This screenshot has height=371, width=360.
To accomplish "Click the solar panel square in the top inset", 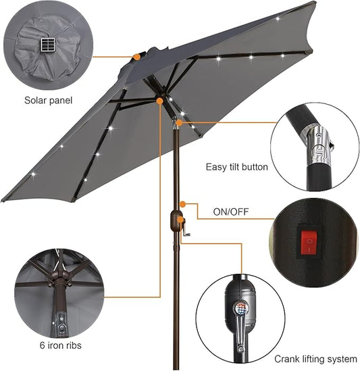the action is (48, 45).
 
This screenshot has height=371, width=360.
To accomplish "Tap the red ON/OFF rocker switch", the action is (309, 243).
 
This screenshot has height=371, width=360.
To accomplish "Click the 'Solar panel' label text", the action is (48, 101).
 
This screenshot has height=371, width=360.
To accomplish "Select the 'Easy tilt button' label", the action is (237, 167).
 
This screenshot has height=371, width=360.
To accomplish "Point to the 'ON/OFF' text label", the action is (231, 212).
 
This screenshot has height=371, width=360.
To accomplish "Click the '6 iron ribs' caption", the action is (61, 345).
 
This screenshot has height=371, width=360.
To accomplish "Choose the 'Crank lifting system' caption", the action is (316, 359).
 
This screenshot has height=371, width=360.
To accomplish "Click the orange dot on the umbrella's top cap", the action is (136, 57).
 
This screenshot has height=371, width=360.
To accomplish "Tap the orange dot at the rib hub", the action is (159, 101).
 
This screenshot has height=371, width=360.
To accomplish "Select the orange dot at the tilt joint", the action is (179, 122).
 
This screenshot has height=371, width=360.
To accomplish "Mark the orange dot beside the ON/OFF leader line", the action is (182, 203).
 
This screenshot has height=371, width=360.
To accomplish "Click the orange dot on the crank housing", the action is (180, 220).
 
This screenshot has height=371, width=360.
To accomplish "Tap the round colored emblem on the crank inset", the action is (241, 308).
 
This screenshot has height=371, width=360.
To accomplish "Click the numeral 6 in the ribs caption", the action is (42, 345).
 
